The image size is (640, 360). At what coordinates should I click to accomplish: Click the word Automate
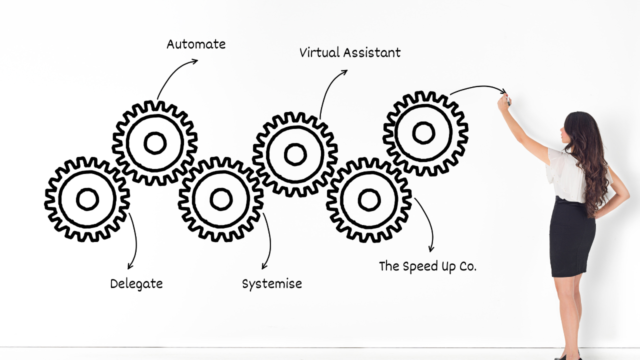click(196, 44)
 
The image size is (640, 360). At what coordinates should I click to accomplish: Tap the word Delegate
click(136, 284)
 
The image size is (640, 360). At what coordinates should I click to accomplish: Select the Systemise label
click(272, 284)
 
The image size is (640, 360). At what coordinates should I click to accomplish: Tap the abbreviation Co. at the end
click(468, 266)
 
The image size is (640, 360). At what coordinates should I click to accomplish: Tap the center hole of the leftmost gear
click(87, 199)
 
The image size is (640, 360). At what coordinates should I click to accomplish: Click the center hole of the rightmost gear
click(424, 133)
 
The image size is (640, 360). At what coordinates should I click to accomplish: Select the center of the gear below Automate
click(155, 143)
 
